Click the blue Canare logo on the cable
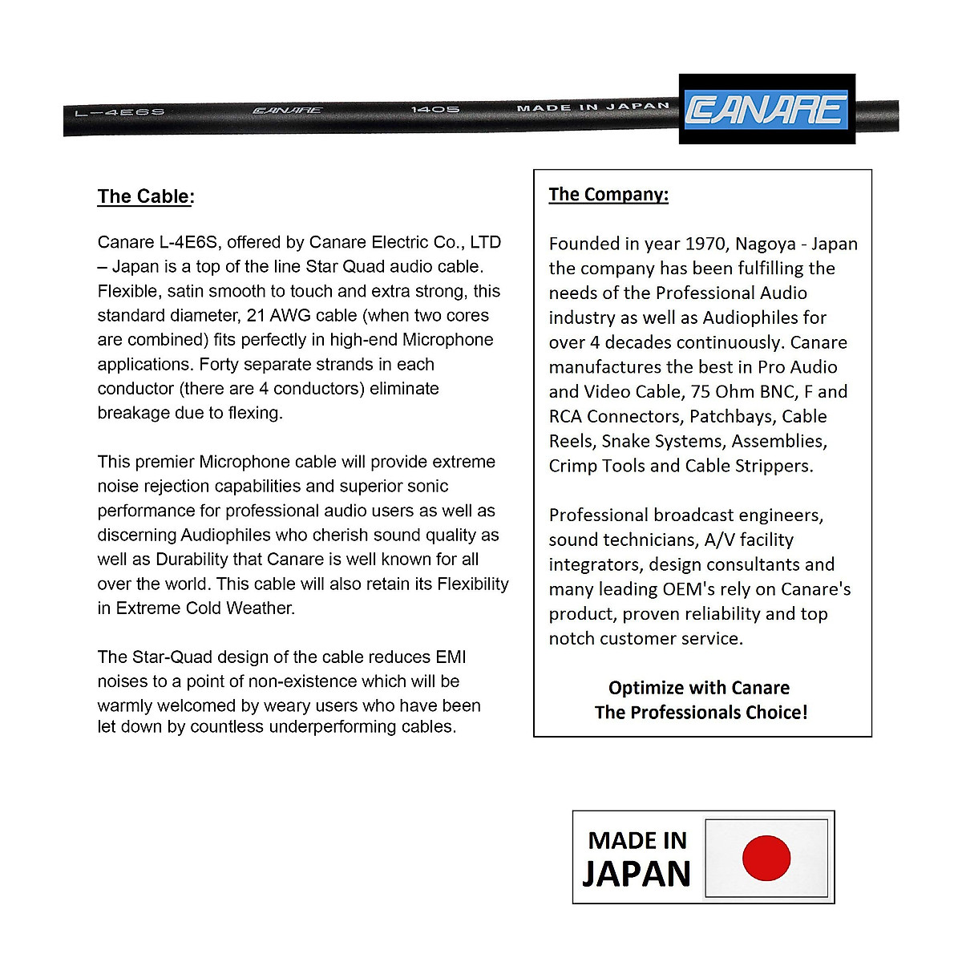click(766, 110)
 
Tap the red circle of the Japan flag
click(766, 858)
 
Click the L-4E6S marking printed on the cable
click(119, 112)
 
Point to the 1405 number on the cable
click(435, 109)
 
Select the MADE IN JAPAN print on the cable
click(592, 107)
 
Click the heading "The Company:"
click(608, 194)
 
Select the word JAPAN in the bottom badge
click(637, 874)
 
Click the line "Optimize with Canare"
click(699, 688)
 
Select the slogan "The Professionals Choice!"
click(701, 712)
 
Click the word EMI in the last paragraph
click(451, 657)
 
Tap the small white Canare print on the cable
click(287, 111)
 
